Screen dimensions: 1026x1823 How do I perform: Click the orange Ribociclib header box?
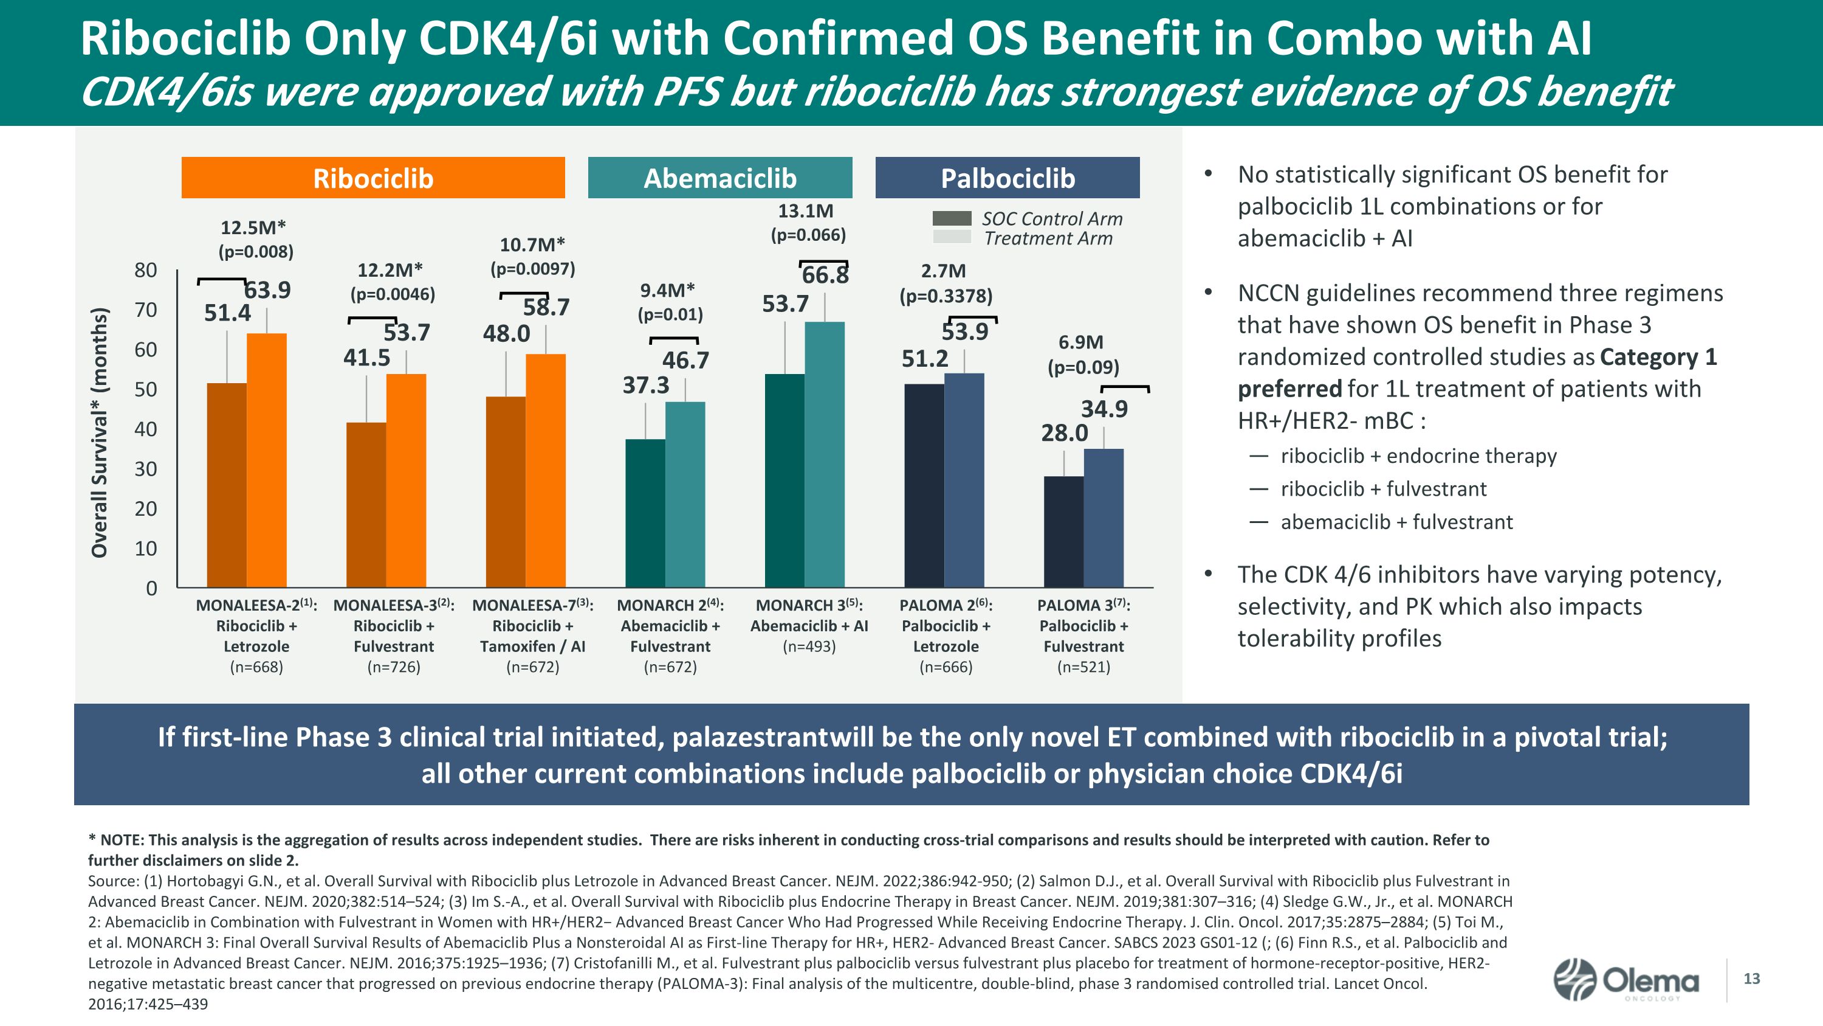373,178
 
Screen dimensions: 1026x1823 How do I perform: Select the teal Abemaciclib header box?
719,178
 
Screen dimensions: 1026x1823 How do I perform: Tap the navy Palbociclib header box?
1007,178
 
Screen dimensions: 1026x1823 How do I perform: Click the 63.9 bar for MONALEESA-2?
267,460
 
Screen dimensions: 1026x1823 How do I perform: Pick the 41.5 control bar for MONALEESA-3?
366,504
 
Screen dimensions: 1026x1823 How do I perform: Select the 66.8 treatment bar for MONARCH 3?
825,454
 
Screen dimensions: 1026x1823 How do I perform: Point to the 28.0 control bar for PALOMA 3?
1063,531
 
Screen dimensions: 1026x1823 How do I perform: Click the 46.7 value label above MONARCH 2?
685,361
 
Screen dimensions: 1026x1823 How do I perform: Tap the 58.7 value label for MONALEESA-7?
546,307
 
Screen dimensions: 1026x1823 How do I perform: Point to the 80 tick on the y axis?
146,270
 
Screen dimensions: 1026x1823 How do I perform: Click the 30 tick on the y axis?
146,469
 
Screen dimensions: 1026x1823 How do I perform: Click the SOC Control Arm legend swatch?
952,218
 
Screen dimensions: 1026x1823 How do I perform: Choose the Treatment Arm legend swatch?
952,237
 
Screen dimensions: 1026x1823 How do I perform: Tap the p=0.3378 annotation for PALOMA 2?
946,296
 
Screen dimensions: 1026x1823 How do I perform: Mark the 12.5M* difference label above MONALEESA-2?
253,227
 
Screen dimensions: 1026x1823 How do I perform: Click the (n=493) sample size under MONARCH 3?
809,646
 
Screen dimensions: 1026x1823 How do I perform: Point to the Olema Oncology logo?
1626,980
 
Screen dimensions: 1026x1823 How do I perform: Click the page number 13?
1751,979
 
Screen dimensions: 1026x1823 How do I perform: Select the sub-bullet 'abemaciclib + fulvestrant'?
1396,522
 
